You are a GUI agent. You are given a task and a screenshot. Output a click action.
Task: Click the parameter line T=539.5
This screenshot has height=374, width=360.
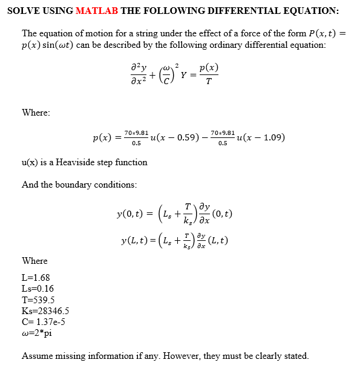[x=38, y=300]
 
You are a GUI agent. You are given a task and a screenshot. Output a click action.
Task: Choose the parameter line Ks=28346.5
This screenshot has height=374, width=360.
[x=45, y=311]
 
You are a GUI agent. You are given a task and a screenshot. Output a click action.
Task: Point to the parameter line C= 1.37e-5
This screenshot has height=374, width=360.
[x=44, y=322]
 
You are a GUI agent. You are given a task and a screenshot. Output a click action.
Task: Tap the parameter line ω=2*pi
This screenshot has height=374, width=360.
[x=37, y=333]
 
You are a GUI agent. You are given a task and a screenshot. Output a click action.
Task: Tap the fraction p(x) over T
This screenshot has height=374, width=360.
[x=209, y=75]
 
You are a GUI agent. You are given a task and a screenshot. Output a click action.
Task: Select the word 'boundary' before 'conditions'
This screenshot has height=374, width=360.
[x=76, y=185]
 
